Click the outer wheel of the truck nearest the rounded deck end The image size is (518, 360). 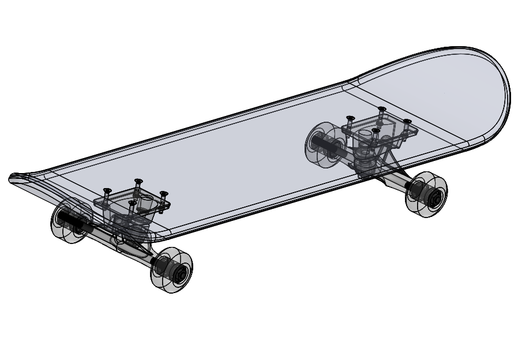426,194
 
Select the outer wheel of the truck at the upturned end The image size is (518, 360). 171,269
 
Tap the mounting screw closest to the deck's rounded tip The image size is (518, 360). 407,122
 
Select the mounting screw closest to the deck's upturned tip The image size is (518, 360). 106,190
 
